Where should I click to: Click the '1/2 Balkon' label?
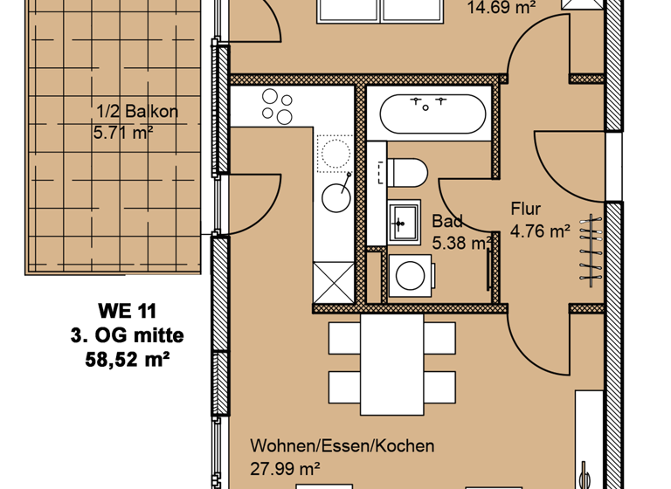(x=136, y=112)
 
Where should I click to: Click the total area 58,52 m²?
(x=128, y=358)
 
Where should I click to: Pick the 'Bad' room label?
(x=447, y=222)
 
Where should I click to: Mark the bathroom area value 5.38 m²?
(x=460, y=244)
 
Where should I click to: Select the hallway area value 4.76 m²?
(x=540, y=231)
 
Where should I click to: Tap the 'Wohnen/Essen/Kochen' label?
(x=342, y=446)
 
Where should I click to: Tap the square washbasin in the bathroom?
(x=404, y=223)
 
